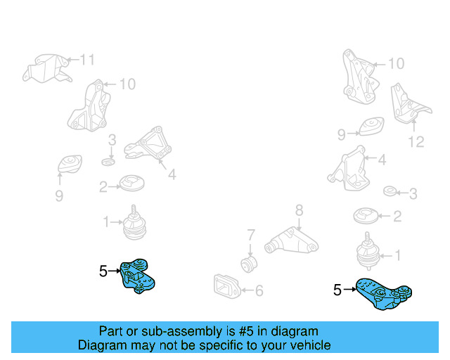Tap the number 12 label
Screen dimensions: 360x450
point(416,142)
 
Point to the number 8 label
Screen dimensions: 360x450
point(298,210)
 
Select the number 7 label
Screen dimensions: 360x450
point(250,235)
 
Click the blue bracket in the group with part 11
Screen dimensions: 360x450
point(139,274)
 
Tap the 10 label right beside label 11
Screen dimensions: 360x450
point(127,85)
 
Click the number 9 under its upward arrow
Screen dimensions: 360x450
point(59,194)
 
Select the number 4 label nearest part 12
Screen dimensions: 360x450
point(382,160)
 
